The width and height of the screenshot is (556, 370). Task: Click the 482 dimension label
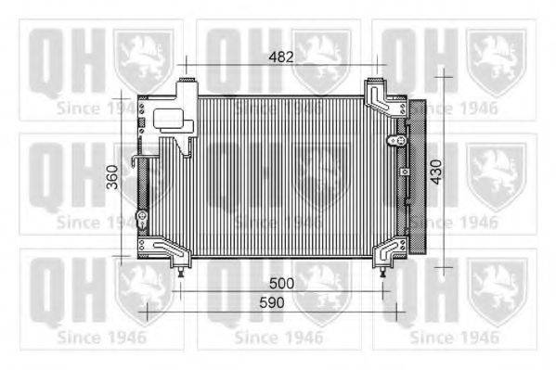click(x=281, y=57)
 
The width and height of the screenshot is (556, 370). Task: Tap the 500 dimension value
click(x=281, y=283)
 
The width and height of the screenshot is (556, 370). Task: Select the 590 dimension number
click(x=272, y=302)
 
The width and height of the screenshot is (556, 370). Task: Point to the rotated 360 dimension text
click(x=112, y=177)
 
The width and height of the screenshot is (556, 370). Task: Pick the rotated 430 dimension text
click(x=436, y=172)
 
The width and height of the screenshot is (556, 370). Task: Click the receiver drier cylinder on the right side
click(x=418, y=176)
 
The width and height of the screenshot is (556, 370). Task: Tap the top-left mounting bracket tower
click(x=187, y=117)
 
